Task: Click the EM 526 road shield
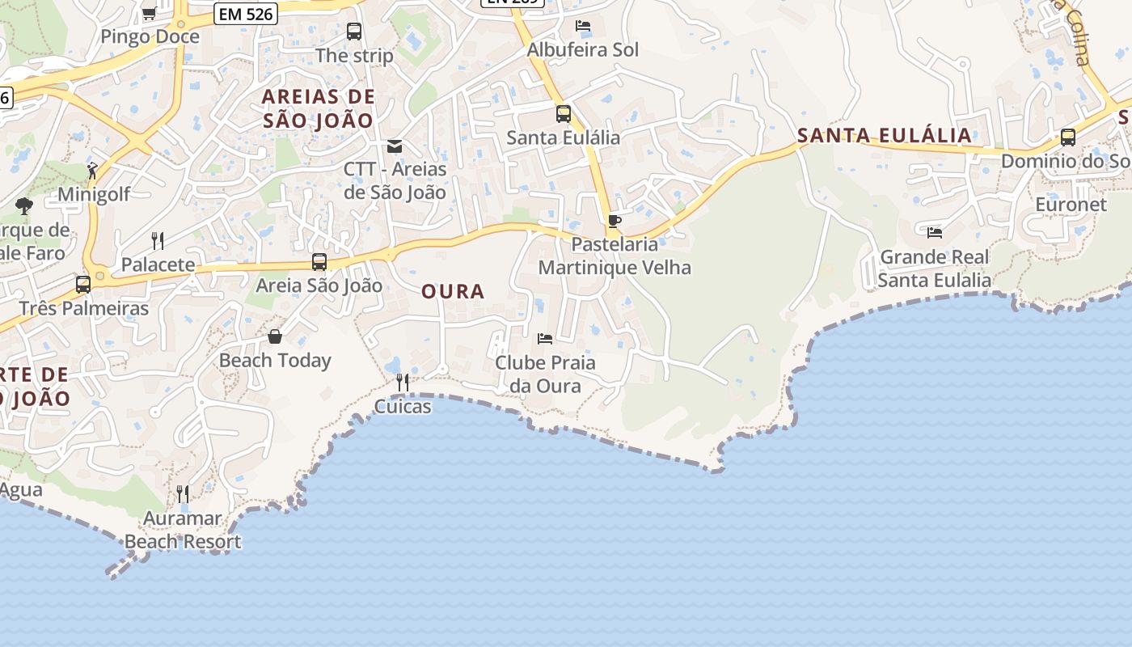246,13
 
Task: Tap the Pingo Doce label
150,36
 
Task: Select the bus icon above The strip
354,32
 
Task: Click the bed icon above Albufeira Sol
583,26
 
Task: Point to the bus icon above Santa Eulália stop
564,114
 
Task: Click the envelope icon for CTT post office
395,146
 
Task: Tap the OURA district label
453,292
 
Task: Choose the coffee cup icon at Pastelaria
615,221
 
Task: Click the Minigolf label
94,195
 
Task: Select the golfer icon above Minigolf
93,171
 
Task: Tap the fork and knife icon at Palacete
158,240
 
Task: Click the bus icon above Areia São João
319,262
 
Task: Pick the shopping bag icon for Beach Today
275,336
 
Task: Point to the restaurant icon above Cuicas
403,382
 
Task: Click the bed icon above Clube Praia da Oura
545,338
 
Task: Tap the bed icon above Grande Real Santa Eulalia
935,233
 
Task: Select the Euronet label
1071,205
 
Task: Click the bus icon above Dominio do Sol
1068,137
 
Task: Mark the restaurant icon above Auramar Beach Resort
183,493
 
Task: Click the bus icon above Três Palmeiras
83,285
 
